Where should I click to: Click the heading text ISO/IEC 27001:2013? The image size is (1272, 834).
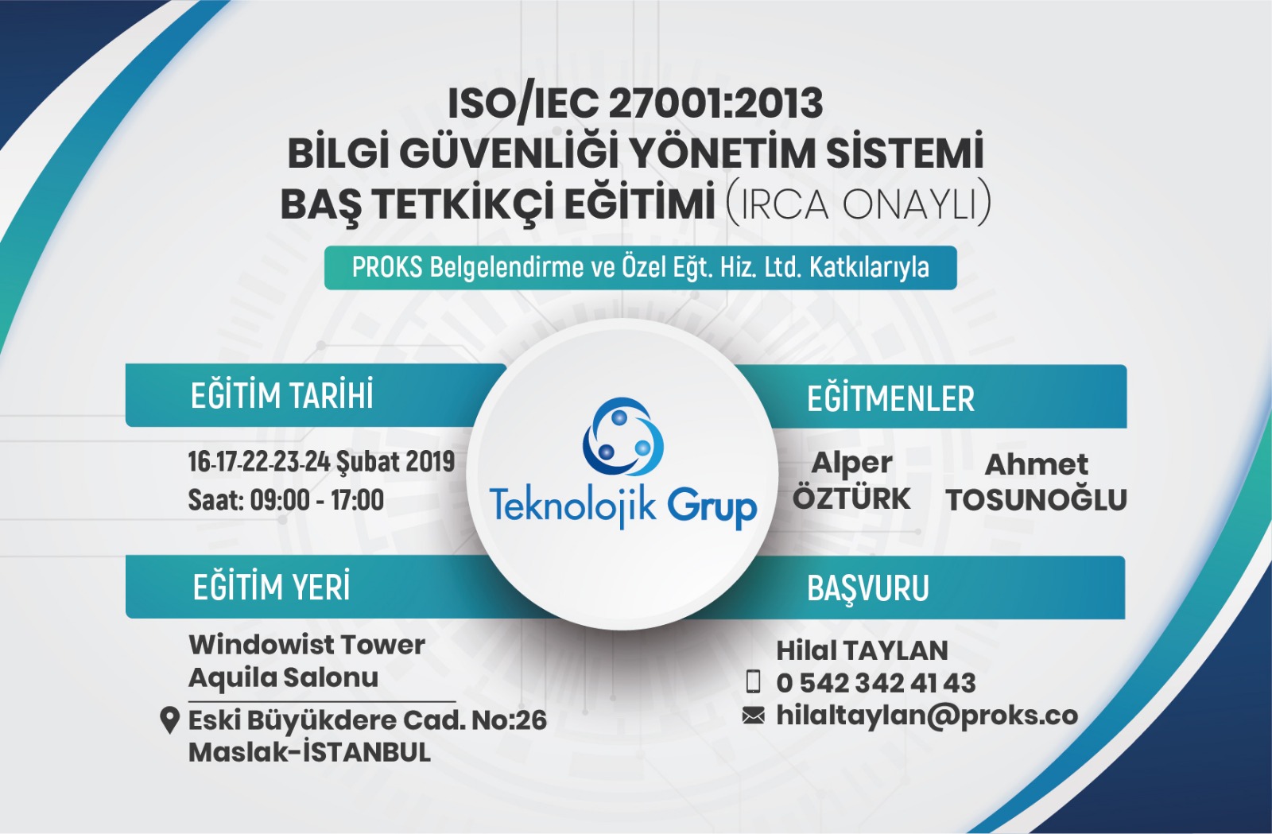pyautogui.click(x=635, y=104)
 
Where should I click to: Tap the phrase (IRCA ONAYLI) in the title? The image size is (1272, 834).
pyautogui.click(x=858, y=204)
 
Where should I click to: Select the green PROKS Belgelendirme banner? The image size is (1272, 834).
pyautogui.click(x=640, y=267)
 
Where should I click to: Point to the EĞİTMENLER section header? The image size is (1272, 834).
pyautogui.click(x=890, y=398)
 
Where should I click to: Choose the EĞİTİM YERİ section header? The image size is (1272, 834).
pyautogui.click(x=271, y=587)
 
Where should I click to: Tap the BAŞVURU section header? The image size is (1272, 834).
pyautogui.click(x=867, y=588)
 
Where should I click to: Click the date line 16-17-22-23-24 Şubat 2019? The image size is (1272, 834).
pyautogui.click(x=321, y=462)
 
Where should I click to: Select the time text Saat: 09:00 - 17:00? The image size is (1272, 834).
pyautogui.click(x=286, y=500)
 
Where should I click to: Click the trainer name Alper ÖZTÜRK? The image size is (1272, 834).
pyautogui.click(x=851, y=481)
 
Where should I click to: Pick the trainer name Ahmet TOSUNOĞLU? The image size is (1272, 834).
pyautogui.click(x=1037, y=483)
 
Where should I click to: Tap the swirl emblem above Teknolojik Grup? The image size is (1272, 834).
pyautogui.click(x=623, y=436)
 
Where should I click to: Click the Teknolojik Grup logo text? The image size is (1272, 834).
pyautogui.click(x=623, y=507)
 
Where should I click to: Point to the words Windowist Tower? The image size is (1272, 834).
pyautogui.click(x=307, y=645)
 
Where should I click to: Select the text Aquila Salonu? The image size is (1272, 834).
pyautogui.click(x=283, y=677)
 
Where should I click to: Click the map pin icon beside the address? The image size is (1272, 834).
pyautogui.click(x=170, y=720)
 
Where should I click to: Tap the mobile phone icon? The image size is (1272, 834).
pyautogui.click(x=753, y=682)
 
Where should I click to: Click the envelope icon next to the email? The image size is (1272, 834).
pyautogui.click(x=753, y=716)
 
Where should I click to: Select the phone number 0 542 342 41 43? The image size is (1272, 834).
pyautogui.click(x=876, y=683)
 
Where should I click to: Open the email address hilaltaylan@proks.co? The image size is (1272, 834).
pyautogui.click(x=927, y=716)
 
